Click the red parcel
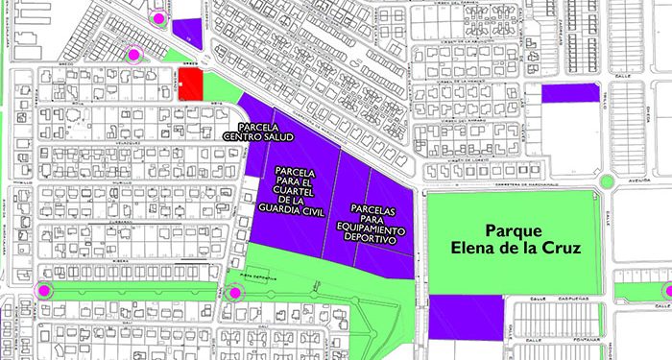click(x=189, y=84)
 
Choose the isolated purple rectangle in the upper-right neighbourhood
click(x=569, y=93)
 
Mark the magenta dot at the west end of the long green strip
click(x=43, y=291)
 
